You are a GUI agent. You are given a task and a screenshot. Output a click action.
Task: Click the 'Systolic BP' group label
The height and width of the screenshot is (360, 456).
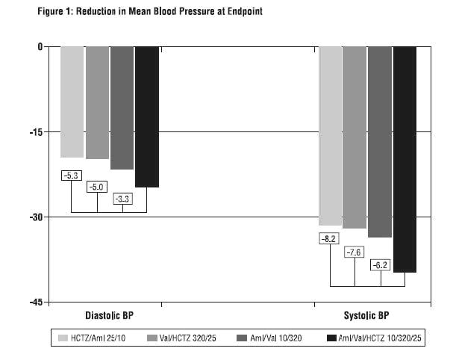(366, 315)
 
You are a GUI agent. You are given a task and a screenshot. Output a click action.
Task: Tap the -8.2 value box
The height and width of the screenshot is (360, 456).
(329, 239)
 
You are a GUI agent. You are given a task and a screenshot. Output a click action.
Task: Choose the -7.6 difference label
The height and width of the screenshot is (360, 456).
(355, 252)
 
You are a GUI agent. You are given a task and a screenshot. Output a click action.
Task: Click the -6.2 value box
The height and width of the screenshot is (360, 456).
(381, 264)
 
